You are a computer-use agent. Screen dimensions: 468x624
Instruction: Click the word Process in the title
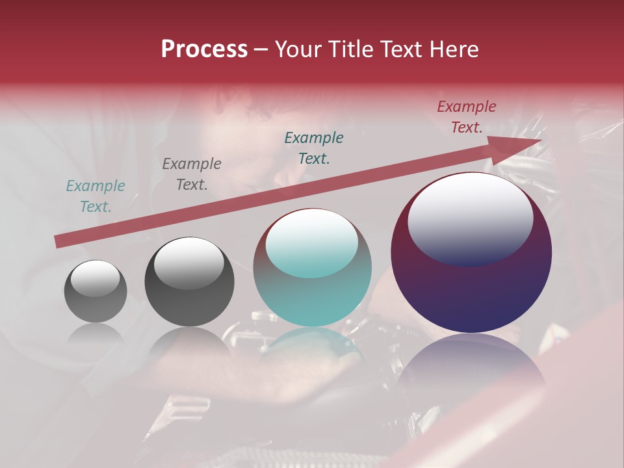pyautogui.click(x=204, y=49)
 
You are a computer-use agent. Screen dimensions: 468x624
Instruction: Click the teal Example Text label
pyautogui.click(x=96, y=196)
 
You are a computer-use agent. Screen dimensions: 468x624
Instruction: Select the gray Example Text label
pyautogui.click(x=192, y=174)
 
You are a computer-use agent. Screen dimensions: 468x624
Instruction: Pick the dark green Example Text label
pyautogui.click(x=314, y=148)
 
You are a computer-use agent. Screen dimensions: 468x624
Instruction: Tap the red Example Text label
pyautogui.click(x=467, y=117)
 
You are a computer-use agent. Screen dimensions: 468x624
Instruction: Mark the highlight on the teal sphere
pyautogui.click(x=312, y=242)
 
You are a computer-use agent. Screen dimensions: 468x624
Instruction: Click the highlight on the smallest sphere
pyautogui.click(x=96, y=279)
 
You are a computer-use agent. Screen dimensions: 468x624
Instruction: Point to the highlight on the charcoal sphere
pyautogui.click(x=188, y=264)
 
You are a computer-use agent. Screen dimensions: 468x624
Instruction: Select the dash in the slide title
pyautogui.click(x=261, y=49)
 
